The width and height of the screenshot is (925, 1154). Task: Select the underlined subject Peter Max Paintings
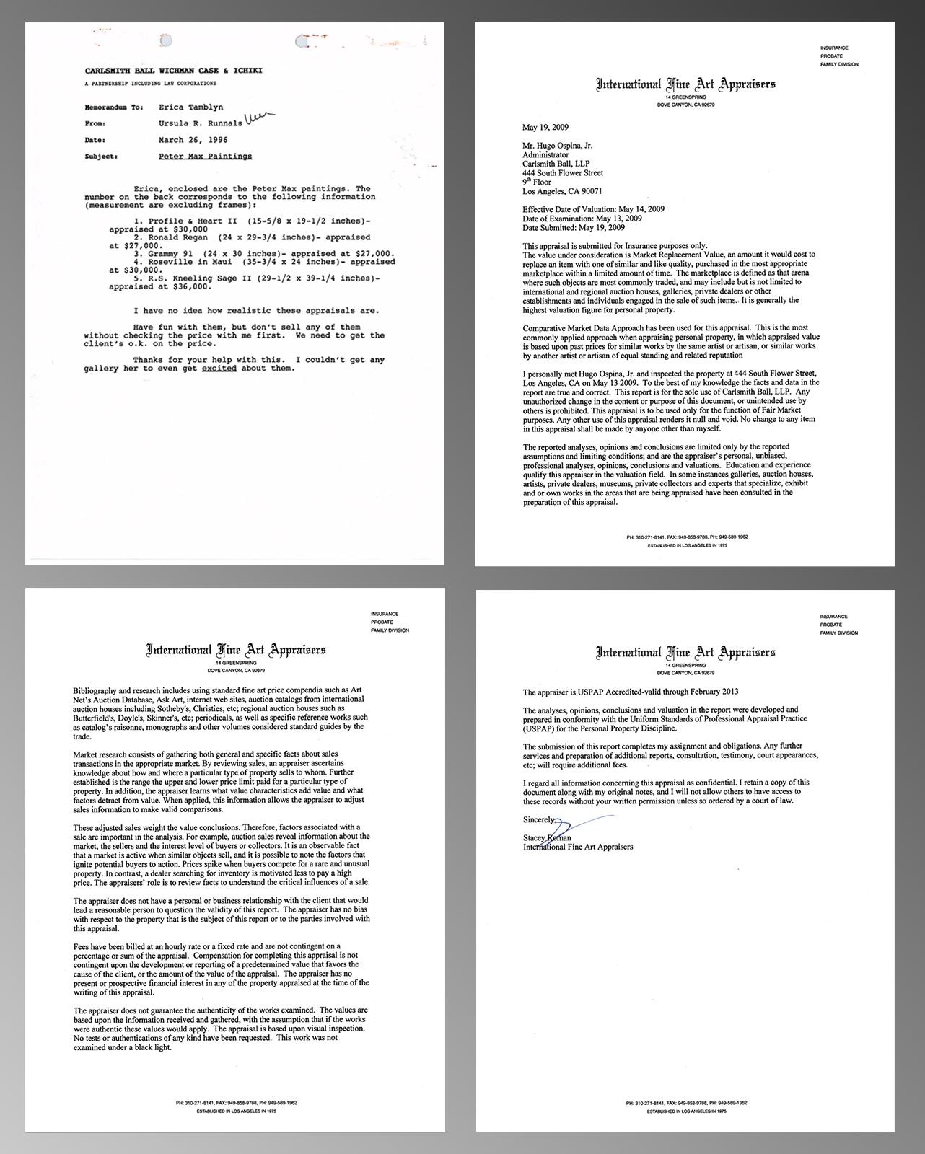point(205,156)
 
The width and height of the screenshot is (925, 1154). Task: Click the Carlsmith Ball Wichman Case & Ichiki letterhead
point(173,71)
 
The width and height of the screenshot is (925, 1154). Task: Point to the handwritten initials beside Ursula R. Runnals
point(259,119)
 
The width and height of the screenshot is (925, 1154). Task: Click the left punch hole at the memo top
point(166,41)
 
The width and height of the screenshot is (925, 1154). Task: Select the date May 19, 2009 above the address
point(545,127)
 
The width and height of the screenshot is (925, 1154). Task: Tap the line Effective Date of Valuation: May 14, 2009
point(593,209)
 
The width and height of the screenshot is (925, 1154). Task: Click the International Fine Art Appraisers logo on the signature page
point(685,653)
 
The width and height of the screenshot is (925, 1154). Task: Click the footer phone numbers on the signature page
point(685,1103)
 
